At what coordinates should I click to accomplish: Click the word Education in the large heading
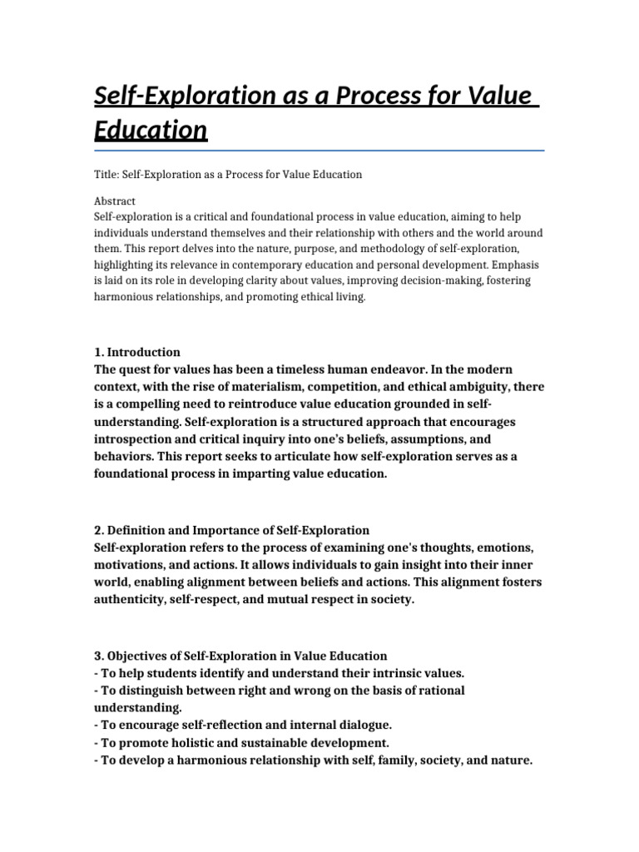pyautogui.click(x=150, y=131)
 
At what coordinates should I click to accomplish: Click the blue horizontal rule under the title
pyautogui.click(x=319, y=151)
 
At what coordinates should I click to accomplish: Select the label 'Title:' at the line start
pyautogui.click(x=106, y=175)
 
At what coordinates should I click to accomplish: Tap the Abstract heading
pyautogui.click(x=116, y=201)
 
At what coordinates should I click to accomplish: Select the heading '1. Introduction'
pyautogui.click(x=137, y=352)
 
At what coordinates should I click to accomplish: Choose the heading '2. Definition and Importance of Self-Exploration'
pyautogui.click(x=231, y=530)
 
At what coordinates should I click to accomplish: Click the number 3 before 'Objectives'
pyautogui.click(x=97, y=656)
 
